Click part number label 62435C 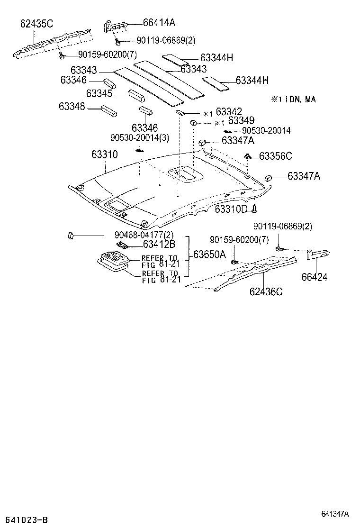(36, 23)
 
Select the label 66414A (159, 22)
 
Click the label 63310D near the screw (231, 209)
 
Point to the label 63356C (276, 156)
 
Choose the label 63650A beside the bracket (209, 254)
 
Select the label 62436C (266, 291)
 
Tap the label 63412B (159, 245)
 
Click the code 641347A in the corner (335, 514)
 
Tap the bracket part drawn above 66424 (318, 254)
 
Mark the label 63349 (241, 122)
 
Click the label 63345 (99, 93)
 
